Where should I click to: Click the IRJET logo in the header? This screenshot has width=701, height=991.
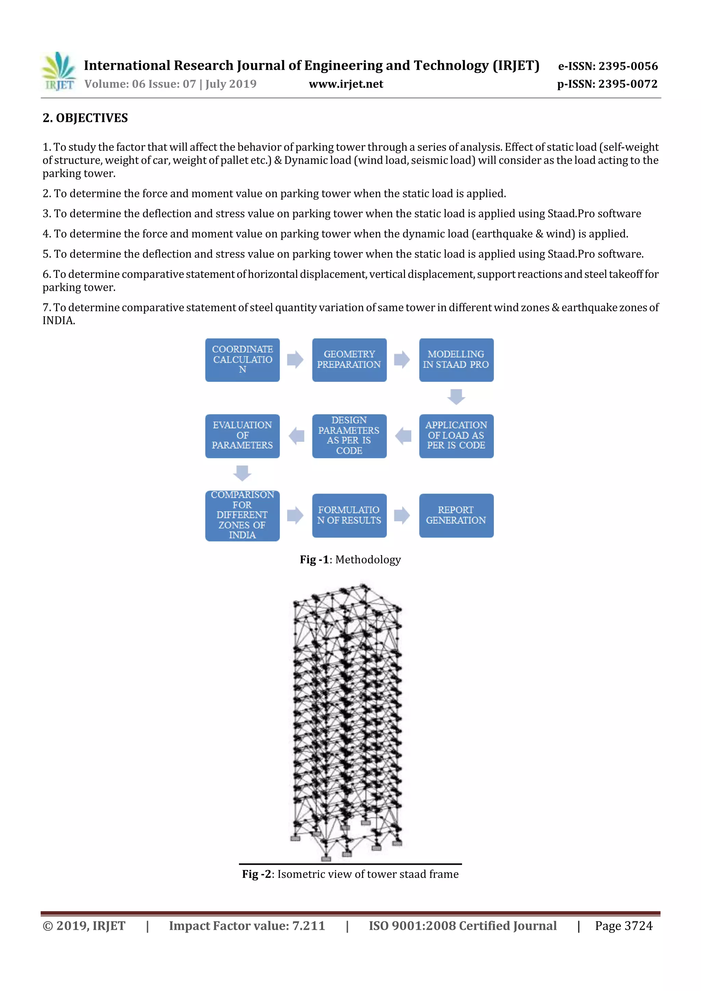(59, 71)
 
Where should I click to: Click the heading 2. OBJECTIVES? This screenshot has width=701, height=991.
(85, 118)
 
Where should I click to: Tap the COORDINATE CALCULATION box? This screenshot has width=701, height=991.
(242, 360)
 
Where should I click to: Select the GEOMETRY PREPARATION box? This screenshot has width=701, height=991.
(349, 360)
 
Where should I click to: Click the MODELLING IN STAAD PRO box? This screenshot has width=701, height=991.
(456, 360)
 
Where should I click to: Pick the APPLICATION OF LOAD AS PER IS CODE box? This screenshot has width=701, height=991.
(456, 436)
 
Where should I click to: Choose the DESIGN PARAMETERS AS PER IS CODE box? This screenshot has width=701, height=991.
(349, 436)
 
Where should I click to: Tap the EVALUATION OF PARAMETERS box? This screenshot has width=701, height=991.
(242, 436)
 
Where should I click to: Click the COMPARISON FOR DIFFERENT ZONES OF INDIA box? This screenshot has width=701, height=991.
(242, 516)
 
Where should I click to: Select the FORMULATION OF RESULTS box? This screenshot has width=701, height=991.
(349, 516)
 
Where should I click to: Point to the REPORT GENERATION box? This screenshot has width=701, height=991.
(456, 516)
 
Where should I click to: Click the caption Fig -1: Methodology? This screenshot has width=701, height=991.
(350, 560)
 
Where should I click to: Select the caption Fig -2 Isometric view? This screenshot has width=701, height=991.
(350, 874)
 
